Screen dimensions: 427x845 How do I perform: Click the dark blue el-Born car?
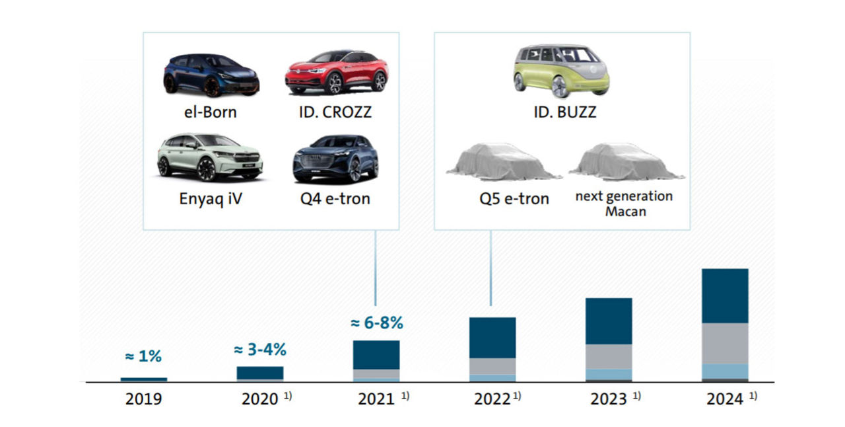coord(211,75)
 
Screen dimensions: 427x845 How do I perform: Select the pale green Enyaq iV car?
coord(210,157)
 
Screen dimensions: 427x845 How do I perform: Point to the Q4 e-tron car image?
coord(335,159)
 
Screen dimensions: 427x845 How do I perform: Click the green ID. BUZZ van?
coord(561,71)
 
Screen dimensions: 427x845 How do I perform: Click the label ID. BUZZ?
coord(564,112)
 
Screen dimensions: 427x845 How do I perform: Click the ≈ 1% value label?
coord(143,356)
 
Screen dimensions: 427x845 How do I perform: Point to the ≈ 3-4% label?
coord(260,350)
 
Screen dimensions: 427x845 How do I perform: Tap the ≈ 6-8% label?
coord(376,323)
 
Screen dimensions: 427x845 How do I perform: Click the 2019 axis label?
coord(144,399)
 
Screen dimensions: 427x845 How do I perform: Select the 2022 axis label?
coord(492,399)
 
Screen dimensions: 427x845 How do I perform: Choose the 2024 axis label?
coord(724,399)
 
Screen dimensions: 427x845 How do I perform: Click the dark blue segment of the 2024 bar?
coord(725,295)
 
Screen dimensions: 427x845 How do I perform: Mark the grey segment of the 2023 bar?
coord(609,356)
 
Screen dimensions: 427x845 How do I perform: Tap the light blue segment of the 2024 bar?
coord(725,371)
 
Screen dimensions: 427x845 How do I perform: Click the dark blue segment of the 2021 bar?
coord(376,354)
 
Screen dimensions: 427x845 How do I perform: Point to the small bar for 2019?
coord(144,379)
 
